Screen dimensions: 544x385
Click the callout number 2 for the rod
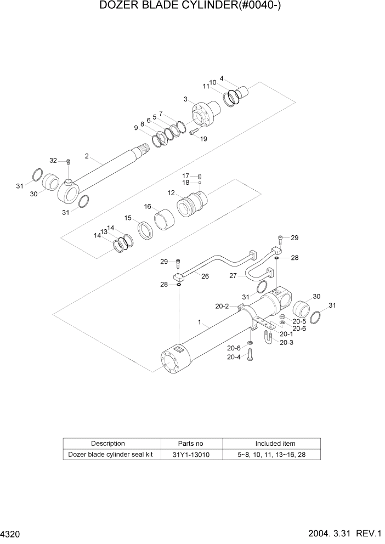coord(87,156)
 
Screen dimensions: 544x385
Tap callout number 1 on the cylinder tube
coord(200,322)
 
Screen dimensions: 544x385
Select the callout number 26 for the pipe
coord(205,276)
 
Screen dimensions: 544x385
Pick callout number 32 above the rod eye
coord(53,161)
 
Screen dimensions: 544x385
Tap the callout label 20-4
coord(234,356)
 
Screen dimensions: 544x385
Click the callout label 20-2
coord(222,307)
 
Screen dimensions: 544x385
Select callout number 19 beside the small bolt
coord(203,139)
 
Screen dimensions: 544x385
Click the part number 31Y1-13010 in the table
coord(191,455)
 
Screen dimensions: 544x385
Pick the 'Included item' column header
coord(275,443)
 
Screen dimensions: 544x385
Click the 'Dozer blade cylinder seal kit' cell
coord(112,455)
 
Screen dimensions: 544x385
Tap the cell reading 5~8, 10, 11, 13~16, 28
coord(275,455)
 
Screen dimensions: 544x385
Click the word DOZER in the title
coord(120,7)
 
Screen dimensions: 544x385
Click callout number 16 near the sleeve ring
coord(148,207)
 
